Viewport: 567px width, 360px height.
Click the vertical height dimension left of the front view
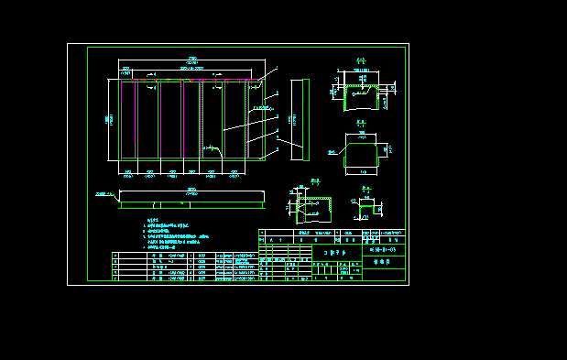pos(108,118)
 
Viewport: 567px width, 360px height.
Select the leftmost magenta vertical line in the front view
pos(136,119)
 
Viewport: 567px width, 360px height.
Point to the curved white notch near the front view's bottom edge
pos(212,147)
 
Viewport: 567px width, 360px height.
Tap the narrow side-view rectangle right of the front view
pos(300,117)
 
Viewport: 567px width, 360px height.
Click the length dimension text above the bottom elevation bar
pos(191,190)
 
